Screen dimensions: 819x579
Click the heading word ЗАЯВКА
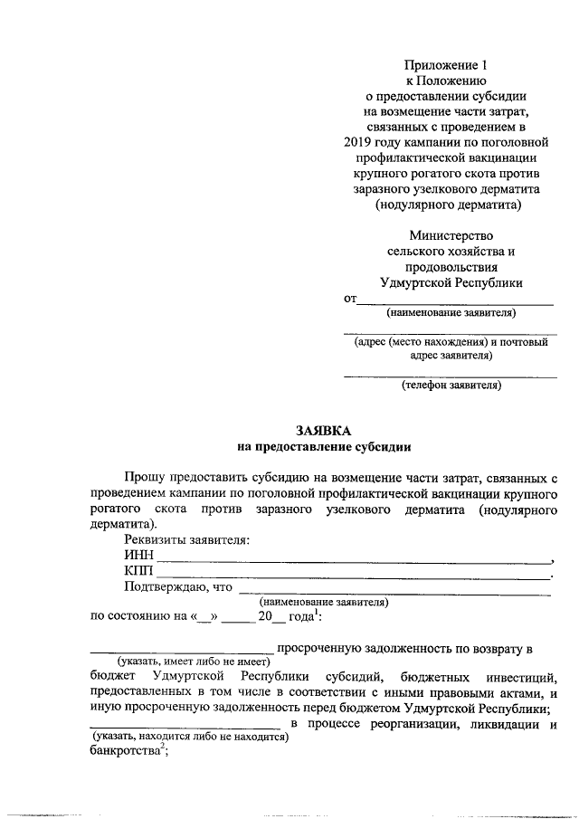[323, 431]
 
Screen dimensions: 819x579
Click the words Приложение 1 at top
[450, 66]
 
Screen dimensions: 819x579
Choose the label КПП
[139, 571]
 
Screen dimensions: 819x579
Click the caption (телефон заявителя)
[451, 385]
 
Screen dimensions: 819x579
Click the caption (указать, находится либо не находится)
[192, 738]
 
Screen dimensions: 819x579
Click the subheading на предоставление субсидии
[323, 446]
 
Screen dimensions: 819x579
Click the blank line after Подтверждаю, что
[394, 593]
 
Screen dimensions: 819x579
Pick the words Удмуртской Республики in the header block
[451, 283]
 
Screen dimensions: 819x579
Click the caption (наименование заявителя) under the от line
[451, 314]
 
